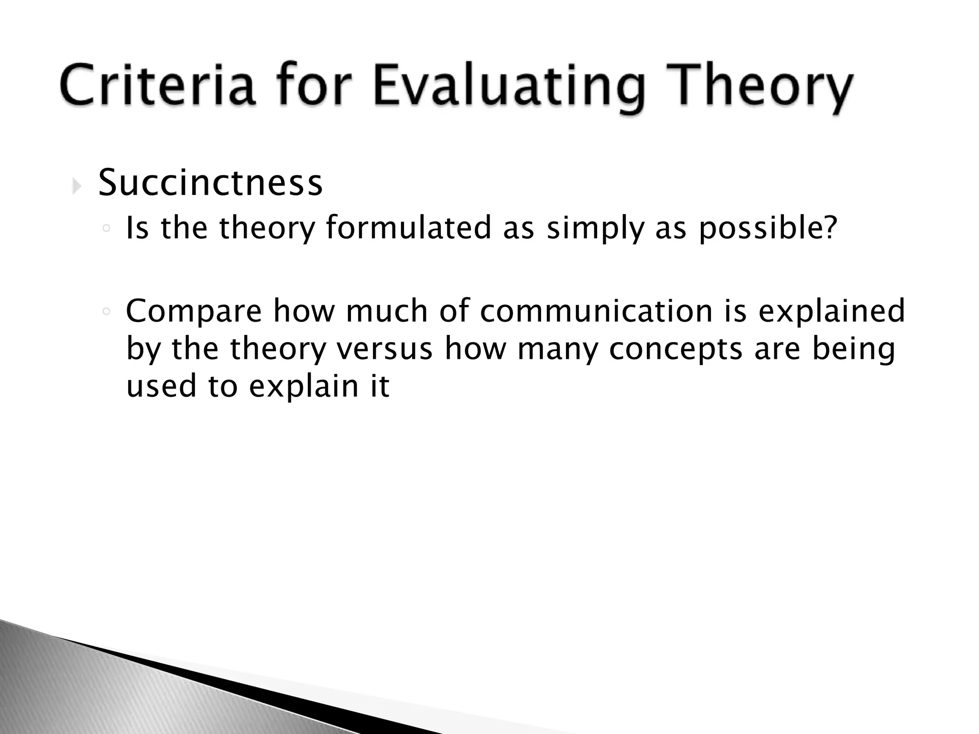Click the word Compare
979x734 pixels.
pyautogui.click(x=194, y=311)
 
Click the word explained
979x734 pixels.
pyautogui.click(x=832, y=311)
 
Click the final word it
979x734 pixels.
pyautogui.click(x=380, y=386)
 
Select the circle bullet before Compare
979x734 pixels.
pyautogui.click(x=107, y=312)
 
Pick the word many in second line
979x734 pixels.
pyautogui.click(x=557, y=348)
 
